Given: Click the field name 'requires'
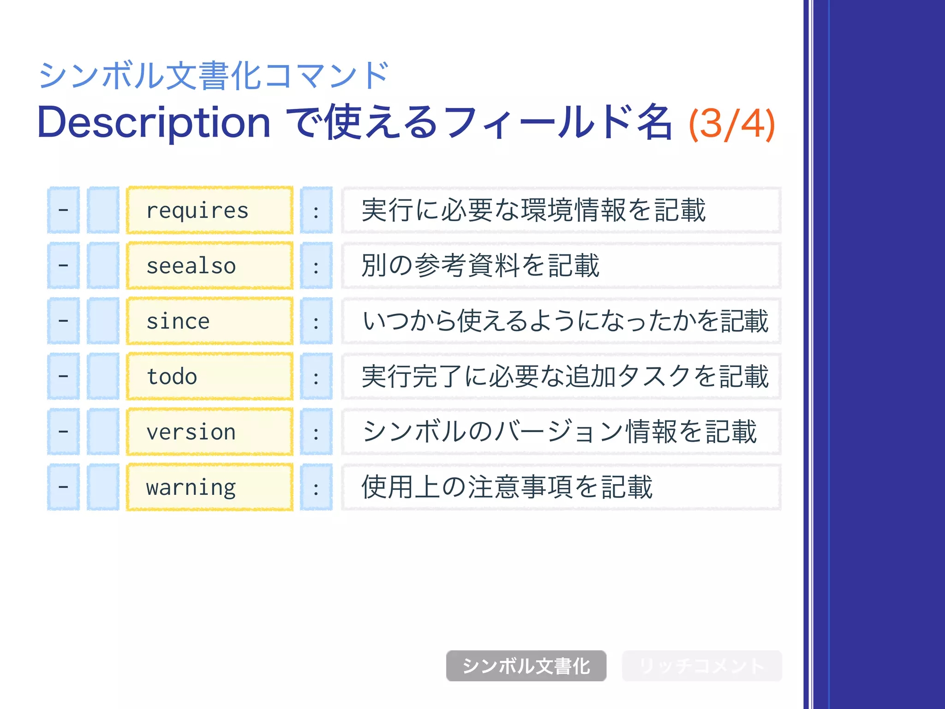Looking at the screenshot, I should click(x=197, y=210).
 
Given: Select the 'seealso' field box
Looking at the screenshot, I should click(x=209, y=266).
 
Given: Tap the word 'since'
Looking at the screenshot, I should click(x=178, y=321).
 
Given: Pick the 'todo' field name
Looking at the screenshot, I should click(x=172, y=377).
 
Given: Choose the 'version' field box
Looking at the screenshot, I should click(x=209, y=432).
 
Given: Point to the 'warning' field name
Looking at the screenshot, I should click(x=191, y=487).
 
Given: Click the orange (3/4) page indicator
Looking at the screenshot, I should click(x=731, y=124).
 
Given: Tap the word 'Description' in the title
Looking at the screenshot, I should click(x=154, y=123).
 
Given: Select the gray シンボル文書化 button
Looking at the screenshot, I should click(x=526, y=666).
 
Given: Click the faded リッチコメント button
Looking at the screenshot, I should click(x=701, y=666).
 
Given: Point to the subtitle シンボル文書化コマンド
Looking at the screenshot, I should click(x=213, y=76).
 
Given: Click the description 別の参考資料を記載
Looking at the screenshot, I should click(x=480, y=266).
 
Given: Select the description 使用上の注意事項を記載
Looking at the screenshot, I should click(x=507, y=487).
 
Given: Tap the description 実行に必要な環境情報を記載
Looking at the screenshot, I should click(x=533, y=210).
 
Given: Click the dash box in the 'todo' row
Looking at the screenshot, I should click(x=64, y=377).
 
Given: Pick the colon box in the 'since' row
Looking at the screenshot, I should click(x=316, y=321).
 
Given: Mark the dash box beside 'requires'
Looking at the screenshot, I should click(x=64, y=210).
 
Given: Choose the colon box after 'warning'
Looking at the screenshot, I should click(x=316, y=487).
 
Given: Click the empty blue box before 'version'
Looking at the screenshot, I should click(x=103, y=432).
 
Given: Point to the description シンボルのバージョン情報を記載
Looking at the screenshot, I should click(x=559, y=432).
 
